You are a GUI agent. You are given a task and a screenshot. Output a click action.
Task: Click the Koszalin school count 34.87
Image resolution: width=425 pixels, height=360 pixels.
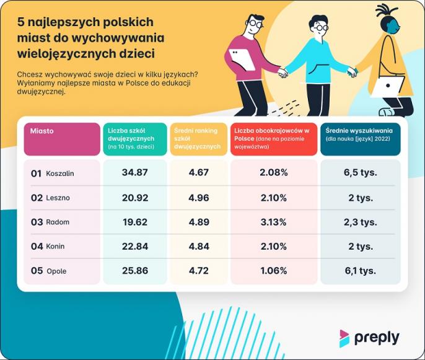tap(134, 172)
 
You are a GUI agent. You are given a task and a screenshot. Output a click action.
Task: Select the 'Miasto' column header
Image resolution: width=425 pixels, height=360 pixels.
tap(42, 131)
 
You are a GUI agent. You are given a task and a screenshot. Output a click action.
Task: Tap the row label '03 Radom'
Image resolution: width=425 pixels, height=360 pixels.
tap(50, 222)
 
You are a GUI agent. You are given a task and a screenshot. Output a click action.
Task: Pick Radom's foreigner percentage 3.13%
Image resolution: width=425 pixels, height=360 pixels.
tap(274, 222)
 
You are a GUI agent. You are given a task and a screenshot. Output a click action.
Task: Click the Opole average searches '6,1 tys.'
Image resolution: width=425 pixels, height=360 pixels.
tap(360, 271)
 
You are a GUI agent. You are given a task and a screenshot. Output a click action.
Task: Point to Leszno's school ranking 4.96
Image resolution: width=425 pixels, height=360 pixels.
tap(198, 198)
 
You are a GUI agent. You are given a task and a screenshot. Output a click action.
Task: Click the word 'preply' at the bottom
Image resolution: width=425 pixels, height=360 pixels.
tap(377, 338)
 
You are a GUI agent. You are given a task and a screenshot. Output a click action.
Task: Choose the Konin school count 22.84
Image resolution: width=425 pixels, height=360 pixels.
tap(134, 247)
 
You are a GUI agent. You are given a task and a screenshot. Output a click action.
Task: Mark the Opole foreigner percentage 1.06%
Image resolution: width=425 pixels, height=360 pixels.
tap(274, 271)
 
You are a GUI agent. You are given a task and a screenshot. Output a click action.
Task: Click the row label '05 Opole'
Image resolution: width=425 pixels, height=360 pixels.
tap(49, 271)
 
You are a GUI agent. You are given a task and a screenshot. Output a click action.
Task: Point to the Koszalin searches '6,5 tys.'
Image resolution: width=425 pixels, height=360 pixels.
tap(360, 172)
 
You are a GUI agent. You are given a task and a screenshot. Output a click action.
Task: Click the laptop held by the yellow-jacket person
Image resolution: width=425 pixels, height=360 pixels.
tap(387, 86)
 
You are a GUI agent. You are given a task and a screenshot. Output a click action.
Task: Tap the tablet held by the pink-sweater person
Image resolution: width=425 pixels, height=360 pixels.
tap(240, 59)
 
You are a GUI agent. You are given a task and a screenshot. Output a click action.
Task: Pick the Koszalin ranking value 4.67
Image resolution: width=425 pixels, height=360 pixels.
tap(198, 172)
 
